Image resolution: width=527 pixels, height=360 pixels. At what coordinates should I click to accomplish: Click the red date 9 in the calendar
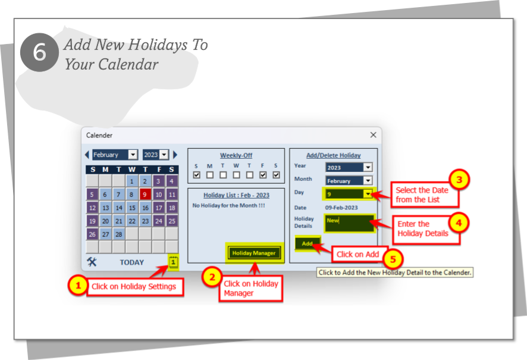(145, 194)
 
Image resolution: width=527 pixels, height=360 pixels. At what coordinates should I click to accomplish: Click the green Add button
(307, 243)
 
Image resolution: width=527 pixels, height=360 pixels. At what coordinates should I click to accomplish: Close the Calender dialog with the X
(373, 135)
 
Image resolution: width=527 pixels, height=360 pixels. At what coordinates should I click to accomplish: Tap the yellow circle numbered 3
(458, 179)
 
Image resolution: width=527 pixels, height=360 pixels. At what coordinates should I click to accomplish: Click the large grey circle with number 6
(39, 52)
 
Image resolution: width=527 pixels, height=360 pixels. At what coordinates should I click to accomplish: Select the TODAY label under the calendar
(131, 262)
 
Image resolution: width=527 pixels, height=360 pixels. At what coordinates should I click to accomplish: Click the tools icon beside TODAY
(92, 262)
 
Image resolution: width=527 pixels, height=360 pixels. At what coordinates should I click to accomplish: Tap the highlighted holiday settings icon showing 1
(172, 262)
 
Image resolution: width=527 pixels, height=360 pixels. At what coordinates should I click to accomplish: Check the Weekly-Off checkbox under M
(210, 175)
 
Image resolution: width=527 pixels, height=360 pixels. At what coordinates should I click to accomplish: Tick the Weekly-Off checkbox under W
(236, 175)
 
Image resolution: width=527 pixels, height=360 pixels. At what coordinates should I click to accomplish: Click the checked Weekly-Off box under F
(263, 175)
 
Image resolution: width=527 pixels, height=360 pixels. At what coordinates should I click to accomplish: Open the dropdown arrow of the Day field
(368, 193)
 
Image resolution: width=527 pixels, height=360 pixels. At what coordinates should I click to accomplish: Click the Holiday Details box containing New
(349, 223)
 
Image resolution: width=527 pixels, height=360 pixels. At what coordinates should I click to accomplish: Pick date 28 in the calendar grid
(118, 234)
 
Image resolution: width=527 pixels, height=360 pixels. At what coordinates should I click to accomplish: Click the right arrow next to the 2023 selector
(175, 155)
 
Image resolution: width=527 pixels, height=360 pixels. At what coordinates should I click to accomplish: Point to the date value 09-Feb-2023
(341, 207)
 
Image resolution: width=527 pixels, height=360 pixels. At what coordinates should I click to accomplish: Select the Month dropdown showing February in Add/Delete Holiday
(348, 180)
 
